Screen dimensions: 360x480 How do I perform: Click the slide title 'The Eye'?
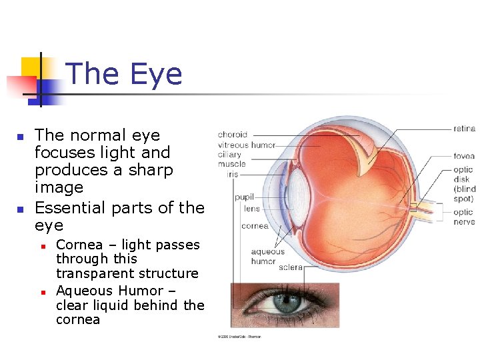tap(125, 74)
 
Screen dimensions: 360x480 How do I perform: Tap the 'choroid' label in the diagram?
tap(232, 135)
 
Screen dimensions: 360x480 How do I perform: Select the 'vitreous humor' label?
tap(246, 145)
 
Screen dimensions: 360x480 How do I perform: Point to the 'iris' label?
tap(231, 174)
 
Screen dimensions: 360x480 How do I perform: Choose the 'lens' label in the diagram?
tap(251, 209)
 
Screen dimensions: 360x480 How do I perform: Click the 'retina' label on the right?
tap(464, 129)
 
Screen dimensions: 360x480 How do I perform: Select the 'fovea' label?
tap(464, 157)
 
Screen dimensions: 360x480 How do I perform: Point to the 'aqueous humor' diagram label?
tap(267, 257)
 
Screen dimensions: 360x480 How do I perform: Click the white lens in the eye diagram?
tap(299, 194)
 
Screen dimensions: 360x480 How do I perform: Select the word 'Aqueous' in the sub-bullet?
tap(85, 291)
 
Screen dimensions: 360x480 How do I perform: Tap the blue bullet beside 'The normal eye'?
tap(20, 137)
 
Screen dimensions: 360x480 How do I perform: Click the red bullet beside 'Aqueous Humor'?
tap(41, 292)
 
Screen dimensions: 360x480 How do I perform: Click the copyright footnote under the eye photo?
tap(240, 336)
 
